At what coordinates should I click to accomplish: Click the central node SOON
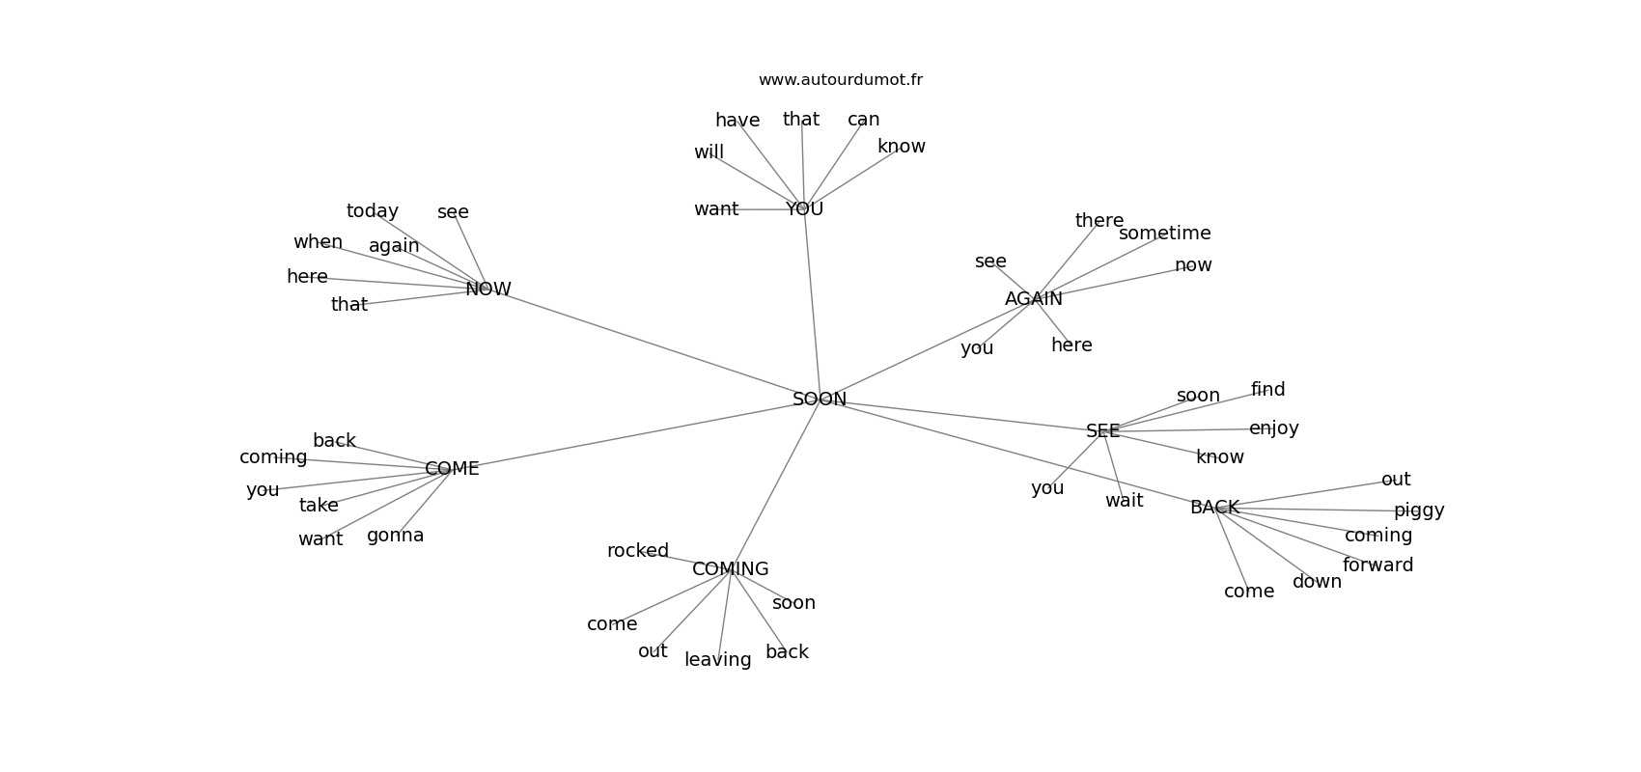pyautogui.click(x=819, y=400)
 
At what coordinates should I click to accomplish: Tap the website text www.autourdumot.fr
pyautogui.click(x=840, y=80)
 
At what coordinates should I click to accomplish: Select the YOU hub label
pyautogui.click(x=804, y=208)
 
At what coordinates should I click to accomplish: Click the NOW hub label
pyautogui.click(x=487, y=289)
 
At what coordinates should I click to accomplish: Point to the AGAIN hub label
pyautogui.click(x=1033, y=299)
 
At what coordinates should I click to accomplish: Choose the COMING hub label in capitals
pyautogui.click(x=730, y=569)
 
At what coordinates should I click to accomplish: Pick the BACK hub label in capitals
pyautogui.click(x=1213, y=508)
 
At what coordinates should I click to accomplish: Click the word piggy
pyautogui.click(x=1418, y=510)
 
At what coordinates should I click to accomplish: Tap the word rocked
pyautogui.click(x=637, y=551)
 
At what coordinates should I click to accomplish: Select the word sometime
pyautogui.click(x=1164, y=234)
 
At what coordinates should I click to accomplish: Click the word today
pyautogui.click(x=372, y=211)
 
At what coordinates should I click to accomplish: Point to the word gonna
pyautogui.click(x=395, y=536)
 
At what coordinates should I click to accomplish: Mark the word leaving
pyautogui.click(x=717, y=660)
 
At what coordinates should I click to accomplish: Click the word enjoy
pyautogui.click(x=1273, y=428)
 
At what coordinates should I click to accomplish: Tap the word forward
pyautogui.click(x=1377, y=565)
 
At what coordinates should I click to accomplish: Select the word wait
pyautogui.click(x=1124, y=501)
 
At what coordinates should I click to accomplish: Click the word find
pyautogui.click(x=1267, y=390)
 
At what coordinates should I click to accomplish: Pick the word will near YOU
pyautogui.click(x=709, y=152)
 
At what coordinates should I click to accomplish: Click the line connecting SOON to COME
pyautogui.click(x=627, y=435)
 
